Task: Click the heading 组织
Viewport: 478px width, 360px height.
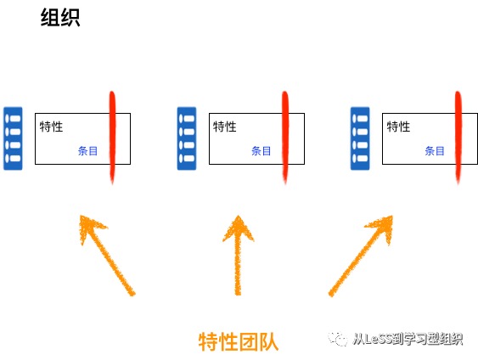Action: tap(60, 17)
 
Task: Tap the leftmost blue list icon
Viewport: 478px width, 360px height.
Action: tap(13, 138)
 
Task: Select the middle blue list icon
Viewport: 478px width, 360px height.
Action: tap(187, 138)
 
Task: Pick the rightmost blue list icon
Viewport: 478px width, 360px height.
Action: tap(360, 138)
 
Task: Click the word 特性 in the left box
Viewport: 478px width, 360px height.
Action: tap(51, 127)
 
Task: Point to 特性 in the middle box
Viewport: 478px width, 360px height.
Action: tap(225, 127)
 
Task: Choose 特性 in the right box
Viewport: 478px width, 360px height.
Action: tap(398, 127)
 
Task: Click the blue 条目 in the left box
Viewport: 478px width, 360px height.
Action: tap(87, 151)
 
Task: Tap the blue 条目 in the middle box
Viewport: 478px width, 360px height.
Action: tap(261, 151)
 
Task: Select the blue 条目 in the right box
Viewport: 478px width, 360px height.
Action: tap(435, 151)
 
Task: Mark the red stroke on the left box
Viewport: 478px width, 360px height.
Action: tap(112, 138)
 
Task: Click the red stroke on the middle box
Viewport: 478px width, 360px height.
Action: tap(285, 138)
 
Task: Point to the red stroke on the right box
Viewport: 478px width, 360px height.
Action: tap(458, 138)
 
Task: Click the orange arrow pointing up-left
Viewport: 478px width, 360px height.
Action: tap(107, 256)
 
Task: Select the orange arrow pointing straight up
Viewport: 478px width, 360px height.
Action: tap(238, 256)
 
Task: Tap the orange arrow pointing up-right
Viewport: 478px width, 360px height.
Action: tap(361, 256)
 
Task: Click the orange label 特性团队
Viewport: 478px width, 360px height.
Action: tap(239, 341)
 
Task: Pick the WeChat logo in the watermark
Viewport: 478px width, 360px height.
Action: tap(338, 339)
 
